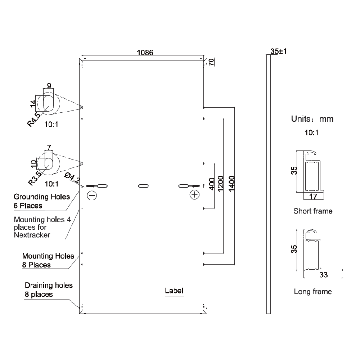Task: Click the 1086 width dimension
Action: point(145,53)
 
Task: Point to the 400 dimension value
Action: point(212,184)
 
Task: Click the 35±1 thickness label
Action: point(278,51)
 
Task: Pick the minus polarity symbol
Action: point(91,195)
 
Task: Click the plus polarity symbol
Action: point(194,195)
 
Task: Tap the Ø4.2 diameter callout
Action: point(72,178)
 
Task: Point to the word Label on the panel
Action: point(174,291)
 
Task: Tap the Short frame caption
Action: point(313,211)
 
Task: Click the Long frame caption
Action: point(313,291)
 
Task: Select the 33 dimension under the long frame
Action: point(323,276)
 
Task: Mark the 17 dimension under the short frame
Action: point(313,197)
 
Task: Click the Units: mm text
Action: point(312,119)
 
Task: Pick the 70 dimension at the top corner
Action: point(211,62)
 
